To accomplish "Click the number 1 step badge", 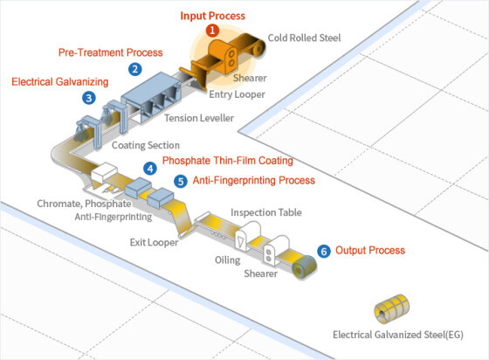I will pos(212,31).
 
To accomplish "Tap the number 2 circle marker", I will pos(134,68).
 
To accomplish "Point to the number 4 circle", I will pos(150,168).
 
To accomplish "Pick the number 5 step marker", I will pos(180,182).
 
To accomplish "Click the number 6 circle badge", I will pos(324,251).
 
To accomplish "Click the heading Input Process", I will pos(213,16).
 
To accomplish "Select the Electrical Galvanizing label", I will pos(59,82).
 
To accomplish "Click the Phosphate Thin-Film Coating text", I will pos(227,161).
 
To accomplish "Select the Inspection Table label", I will pos(266,212).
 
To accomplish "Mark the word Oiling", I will pos(228,260).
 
